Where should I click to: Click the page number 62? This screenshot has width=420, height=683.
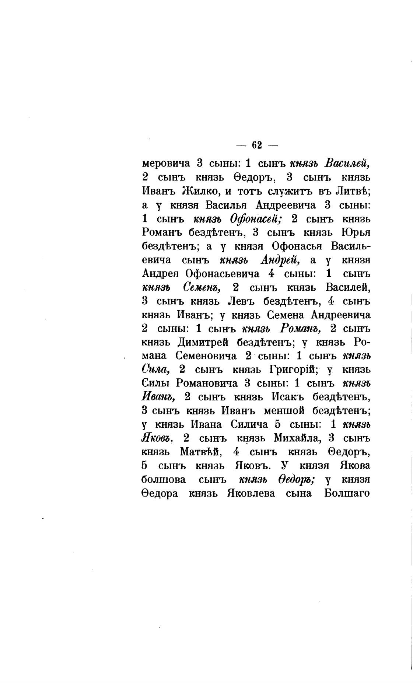pos(257,145)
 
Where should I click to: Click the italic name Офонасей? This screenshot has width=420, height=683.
pos(256,219)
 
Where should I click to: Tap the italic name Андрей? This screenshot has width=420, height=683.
pos(280,260)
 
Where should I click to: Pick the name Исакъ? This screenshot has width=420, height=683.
pos(287,397)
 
